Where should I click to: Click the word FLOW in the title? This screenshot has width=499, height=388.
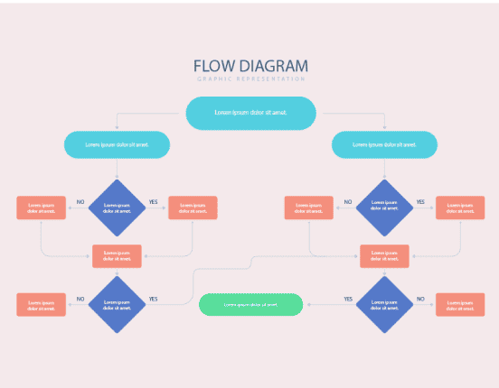tap(212, 67)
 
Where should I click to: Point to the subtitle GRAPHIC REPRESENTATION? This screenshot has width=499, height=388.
tap(250, 79)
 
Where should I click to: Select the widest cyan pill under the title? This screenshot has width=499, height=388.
tap(250, 113)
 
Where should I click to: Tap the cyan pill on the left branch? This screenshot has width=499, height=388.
tap(118, 144)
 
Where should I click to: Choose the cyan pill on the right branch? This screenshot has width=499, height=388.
tap(384, 144)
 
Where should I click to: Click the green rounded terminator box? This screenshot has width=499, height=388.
tap(250, 305)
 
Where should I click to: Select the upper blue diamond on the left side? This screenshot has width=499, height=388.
tap(118, 208)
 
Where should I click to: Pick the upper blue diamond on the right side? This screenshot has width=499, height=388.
tap(384, 208)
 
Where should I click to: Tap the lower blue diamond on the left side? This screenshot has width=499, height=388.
tap(118, 305)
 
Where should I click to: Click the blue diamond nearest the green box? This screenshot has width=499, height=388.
tap(384, 305)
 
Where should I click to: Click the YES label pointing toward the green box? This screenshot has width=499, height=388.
tap(348, 299)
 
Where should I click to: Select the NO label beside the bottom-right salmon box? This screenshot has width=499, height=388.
tap(420, 299)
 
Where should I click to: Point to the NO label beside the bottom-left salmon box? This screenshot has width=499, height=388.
tap(80, 299)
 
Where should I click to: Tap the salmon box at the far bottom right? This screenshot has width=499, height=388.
tap(460, 305)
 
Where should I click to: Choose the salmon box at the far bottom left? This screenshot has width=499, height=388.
tap(42, 305)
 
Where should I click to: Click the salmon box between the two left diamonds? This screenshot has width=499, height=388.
tap(118, 256)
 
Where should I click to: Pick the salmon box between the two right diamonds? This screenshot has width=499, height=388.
tap(384, 256)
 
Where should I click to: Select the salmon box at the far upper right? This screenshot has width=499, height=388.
tap(460, 208)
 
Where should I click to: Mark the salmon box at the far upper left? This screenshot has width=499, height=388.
tap(42, 208)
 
